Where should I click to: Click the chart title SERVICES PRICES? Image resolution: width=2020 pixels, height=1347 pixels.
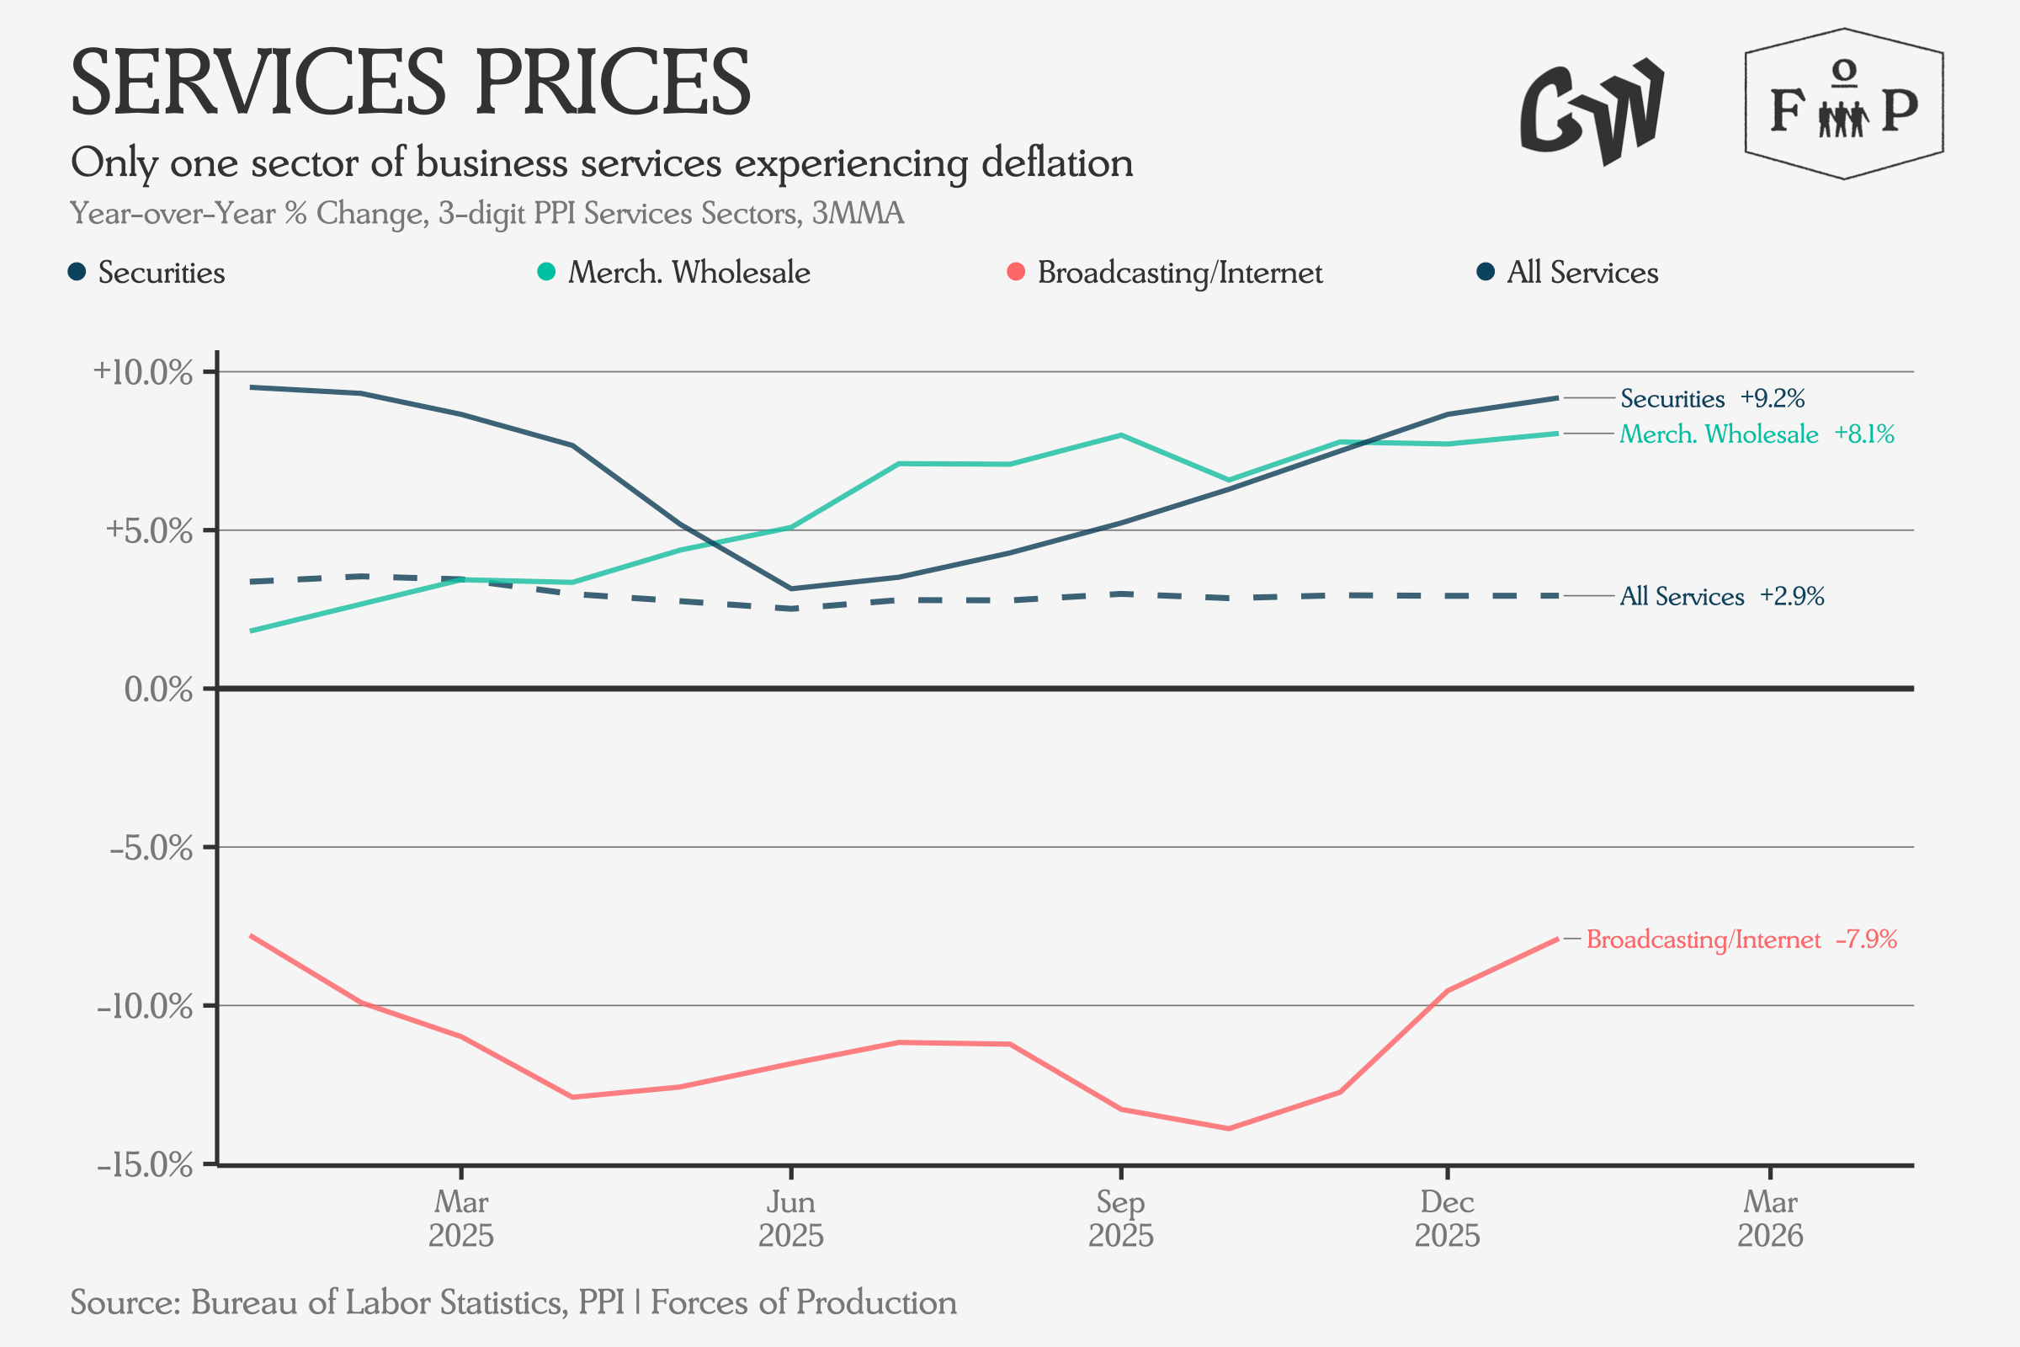(411, 83)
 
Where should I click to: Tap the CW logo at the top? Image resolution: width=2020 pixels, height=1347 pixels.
(1592, 112)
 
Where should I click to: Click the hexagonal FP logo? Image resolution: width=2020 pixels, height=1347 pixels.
(1844, 104)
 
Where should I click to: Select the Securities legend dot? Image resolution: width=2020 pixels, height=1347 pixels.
(77, 272)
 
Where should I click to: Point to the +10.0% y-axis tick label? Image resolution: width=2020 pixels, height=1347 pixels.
(142, 373)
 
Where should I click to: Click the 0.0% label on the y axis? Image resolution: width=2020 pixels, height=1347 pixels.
(158, 689)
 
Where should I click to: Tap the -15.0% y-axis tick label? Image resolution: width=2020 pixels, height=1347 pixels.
(144, 1166)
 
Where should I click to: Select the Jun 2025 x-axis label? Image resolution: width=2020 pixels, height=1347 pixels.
(790, 1218)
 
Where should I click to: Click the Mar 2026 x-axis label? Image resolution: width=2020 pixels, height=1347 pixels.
(1770, 1218)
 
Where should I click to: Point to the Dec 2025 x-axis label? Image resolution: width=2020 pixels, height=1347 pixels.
(1447, 1218)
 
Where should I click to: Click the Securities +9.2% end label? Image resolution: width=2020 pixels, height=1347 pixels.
(1712, 398)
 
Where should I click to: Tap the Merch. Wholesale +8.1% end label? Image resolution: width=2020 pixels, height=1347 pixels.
(1757, 434)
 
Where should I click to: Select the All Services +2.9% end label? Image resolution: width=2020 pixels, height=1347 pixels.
(1721, 596)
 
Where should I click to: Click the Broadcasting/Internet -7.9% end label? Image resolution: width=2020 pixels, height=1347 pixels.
(1741, 939)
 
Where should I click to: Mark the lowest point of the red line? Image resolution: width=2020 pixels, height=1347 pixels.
(1228, 1128)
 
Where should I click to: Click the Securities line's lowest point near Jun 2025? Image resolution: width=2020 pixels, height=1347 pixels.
(790, 588)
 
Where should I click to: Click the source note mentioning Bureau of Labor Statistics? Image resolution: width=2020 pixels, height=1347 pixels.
(513, 1302)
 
